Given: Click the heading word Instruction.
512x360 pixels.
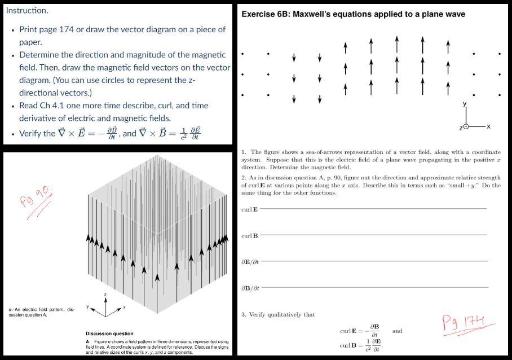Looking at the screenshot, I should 27,10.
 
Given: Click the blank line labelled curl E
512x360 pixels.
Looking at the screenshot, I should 372,209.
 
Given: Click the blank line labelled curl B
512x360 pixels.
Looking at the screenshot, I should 372,235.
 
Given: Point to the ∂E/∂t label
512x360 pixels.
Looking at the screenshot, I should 250,262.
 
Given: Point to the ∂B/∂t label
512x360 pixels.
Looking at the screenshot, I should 250,288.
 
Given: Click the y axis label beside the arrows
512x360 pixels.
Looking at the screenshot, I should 465,104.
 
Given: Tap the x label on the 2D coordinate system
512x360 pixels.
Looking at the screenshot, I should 488,126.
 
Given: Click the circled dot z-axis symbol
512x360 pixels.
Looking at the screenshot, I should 465,127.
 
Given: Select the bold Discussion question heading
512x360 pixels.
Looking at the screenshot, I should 109,333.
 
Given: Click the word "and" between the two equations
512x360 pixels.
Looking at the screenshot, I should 397,331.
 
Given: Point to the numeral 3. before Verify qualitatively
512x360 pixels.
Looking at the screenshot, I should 243,314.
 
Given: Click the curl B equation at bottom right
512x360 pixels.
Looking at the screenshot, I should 361,345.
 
